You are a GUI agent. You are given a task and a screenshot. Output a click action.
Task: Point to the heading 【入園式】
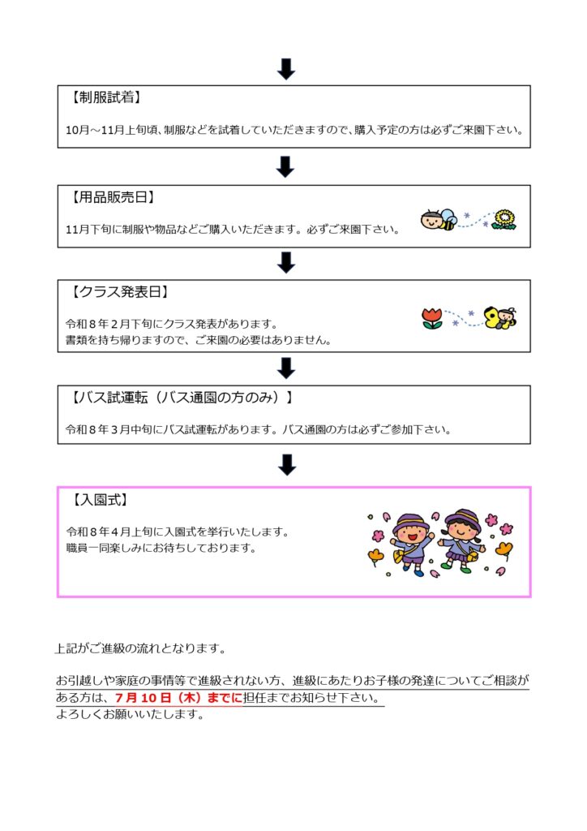coord(99,500)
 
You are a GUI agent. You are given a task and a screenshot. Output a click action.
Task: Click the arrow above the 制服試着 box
coord(286,69)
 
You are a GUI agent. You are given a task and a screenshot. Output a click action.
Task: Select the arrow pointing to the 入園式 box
coord(287,465)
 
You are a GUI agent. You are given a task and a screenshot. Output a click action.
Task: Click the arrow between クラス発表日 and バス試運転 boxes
coord(286,368)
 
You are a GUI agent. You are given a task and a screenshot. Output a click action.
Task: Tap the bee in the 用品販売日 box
coord(439,219)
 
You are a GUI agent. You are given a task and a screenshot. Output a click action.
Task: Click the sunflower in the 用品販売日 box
coord(504,219)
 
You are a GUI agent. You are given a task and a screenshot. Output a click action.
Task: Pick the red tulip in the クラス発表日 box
coord(432,318)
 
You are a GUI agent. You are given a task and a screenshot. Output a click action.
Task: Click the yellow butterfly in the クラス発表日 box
coord(500,317)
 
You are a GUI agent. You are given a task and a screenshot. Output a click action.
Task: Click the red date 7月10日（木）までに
coord(178,698)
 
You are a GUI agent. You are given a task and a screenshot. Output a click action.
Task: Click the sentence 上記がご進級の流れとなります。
coord(141,648)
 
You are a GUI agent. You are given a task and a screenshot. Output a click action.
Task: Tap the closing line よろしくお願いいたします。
coord(131,714)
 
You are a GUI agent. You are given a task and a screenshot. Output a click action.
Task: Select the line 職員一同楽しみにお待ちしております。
coord(161,548)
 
